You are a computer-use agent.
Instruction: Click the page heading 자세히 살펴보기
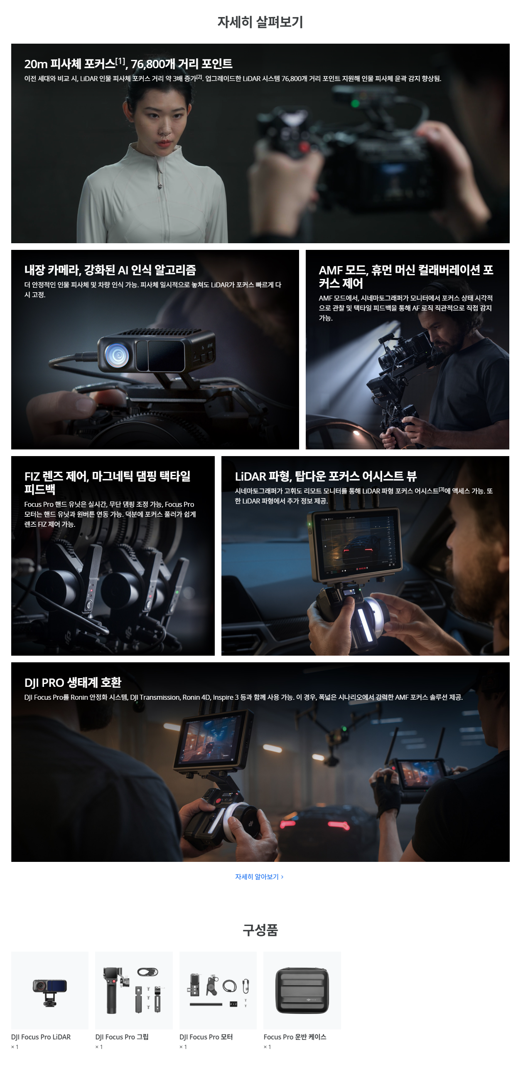click(x=260, y=22)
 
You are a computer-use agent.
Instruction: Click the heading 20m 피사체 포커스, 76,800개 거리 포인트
click(x=128, y=64)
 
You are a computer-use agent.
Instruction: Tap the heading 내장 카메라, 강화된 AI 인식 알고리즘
click(x=110, y=270)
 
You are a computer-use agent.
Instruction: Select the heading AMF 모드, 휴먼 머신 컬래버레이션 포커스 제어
click(x=406, y=276)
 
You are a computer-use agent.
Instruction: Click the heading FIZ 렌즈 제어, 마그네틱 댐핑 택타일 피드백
click(x=107, y=482)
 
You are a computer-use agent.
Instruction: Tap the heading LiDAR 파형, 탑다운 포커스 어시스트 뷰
click(x=326, y=476)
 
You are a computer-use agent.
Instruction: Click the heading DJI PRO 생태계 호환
click(x=73, y=683)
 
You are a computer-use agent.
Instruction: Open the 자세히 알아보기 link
click(x=259, y=877)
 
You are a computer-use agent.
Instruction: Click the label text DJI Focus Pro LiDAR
click(x=41, y=1037)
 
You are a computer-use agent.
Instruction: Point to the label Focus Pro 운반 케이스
click(x=295, y=1037)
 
